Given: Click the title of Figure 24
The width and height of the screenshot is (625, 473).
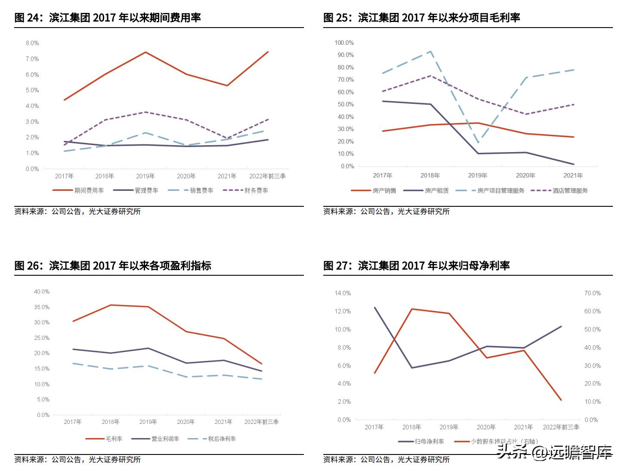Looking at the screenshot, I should tap(108, 18).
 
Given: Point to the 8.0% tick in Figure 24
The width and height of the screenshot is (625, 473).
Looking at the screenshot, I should tap(32, 43).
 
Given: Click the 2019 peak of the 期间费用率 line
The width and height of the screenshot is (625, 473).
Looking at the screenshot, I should tap(145, 52).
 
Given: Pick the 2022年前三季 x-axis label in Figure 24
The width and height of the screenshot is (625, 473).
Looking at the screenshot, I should tap(267, 176).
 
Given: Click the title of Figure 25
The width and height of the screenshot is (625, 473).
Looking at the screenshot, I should tap(421, 18).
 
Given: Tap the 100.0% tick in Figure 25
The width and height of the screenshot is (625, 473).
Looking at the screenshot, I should tap(344, 43).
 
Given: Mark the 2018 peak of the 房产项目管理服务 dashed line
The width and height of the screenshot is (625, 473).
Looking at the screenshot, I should tap(430, 51).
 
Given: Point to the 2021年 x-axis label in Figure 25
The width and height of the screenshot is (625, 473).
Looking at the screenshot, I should tap(573, 175).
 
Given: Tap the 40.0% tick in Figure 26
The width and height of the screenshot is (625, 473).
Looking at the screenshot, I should tap(42, 292).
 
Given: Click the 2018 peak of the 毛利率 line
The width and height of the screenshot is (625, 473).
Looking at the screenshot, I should tap(111, 305).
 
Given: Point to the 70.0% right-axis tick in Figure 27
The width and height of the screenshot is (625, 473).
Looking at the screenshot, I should tap(592, 293).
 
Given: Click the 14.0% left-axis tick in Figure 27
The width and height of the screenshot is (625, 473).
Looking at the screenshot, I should tap(343, 293).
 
